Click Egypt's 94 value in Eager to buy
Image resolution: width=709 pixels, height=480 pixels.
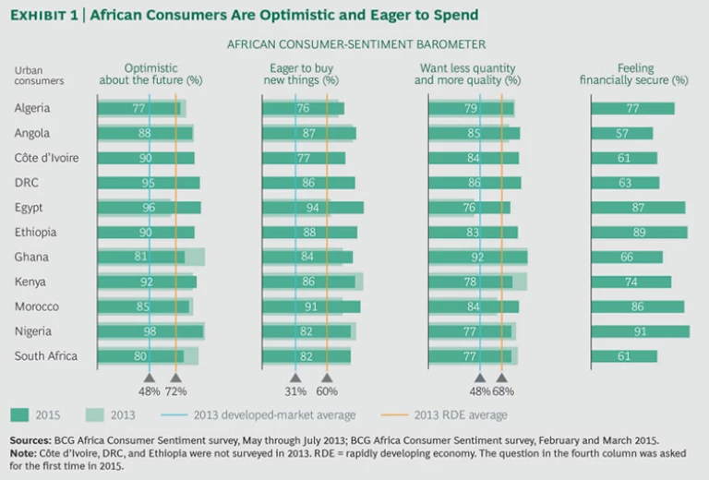coord(312,208)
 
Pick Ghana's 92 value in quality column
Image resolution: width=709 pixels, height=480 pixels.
coord(477,257)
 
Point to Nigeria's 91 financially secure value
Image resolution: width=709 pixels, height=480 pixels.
coord(639,331)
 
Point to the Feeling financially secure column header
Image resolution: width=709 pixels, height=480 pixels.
coord(641,74)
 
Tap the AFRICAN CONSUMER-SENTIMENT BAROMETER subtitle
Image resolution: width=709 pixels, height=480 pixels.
coord(355,43)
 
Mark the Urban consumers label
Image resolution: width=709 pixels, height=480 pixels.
coord(39,75)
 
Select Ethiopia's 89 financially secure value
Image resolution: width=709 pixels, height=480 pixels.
coord(639,233)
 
